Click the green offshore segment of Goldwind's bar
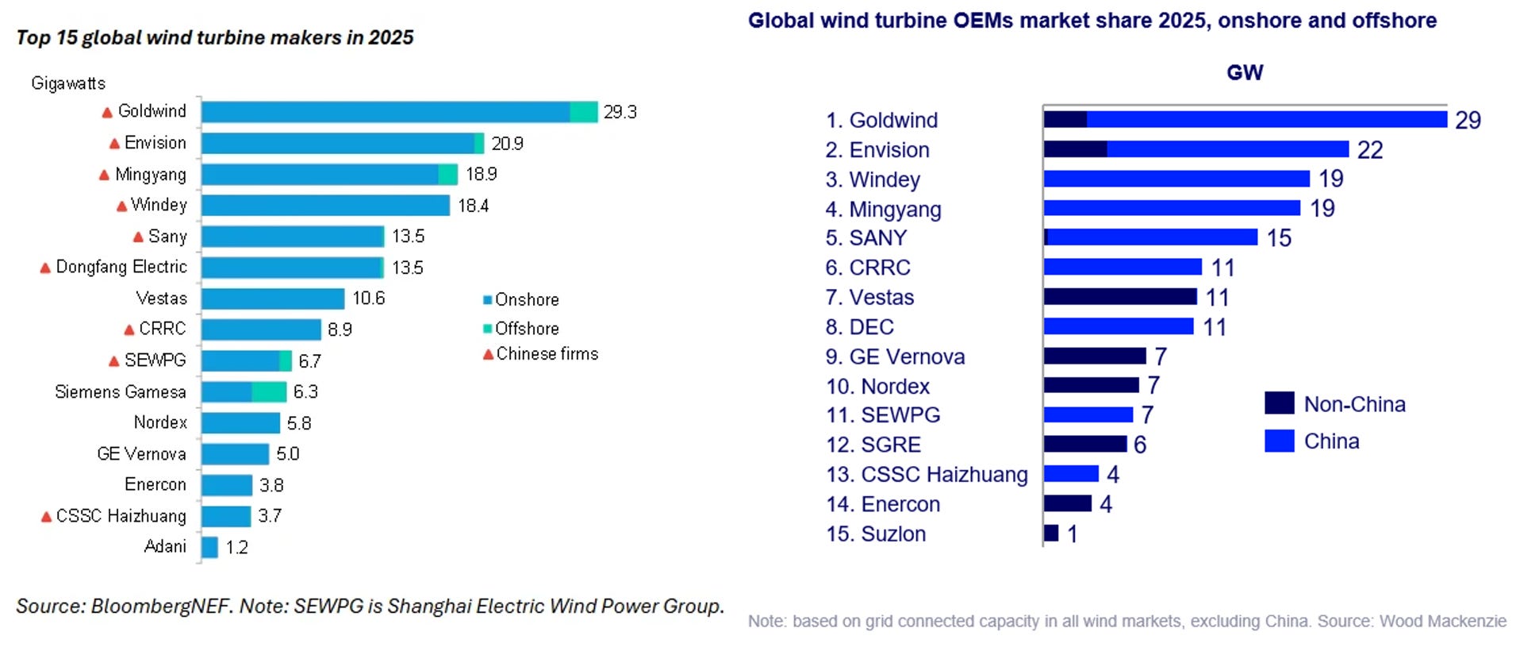tap(584, 112)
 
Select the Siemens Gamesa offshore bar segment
tap(269, 391)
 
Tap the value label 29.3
tap(620, 112)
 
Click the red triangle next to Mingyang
tap(104, 175)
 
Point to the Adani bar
tap(209, 547)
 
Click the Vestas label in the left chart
tap(162, 299)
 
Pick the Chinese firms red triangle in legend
tap(488, 354)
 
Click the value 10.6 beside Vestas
tap(369, 299)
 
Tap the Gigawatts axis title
tap(68, 83)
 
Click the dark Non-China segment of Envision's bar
tap(1076, 149)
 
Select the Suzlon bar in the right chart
tap(1052, 534)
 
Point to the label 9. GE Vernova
tap(895, 356)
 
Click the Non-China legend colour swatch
tap(1280, 403)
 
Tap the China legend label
tap(1332, 441)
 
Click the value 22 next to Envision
tap(1370, 150)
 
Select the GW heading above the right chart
tap(1245, 73)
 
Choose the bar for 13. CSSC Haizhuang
tap(1072, 474)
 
